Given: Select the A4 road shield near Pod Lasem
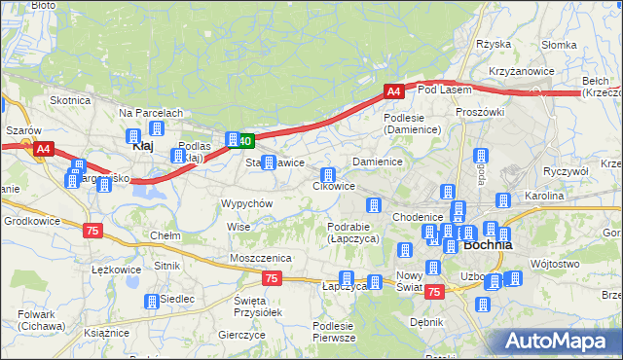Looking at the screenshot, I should tap(392, 91).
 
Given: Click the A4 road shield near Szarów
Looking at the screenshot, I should tap(43, 149).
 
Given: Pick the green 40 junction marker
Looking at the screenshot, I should tap(245, 141).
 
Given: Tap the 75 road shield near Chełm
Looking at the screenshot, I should tap(92, 230).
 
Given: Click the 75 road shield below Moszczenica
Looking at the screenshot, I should tap(273, 279).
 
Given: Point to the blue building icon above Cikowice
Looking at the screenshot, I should tap(328, 175).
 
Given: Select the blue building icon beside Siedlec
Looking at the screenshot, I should tap(151, 302).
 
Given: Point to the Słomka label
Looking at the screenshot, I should tap(559, 45).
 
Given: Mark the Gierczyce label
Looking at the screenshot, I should tap(242, 335).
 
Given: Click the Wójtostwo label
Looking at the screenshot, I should tap(557, 264).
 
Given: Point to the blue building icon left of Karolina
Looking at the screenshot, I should tap(502, 200).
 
